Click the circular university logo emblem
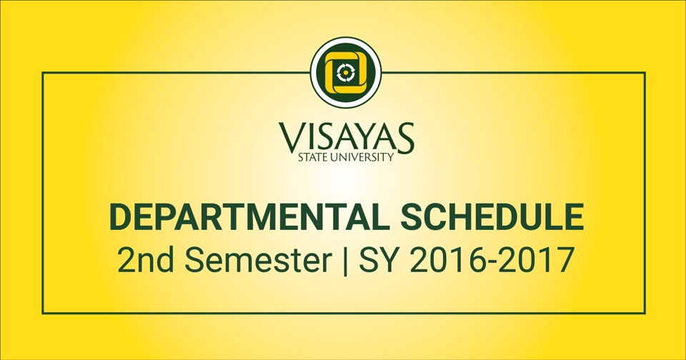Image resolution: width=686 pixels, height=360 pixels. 346,73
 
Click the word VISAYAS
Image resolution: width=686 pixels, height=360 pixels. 346,138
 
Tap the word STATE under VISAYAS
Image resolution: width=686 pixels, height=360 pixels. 312,157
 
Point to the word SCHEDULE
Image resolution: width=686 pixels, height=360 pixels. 492,217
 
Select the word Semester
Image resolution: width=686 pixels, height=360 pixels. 258,260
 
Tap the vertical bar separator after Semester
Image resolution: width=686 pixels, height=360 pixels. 345,261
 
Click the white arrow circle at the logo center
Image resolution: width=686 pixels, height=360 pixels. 346,73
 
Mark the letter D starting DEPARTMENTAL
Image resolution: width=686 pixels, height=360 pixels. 121,217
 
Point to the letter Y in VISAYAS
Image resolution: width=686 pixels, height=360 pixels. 363,138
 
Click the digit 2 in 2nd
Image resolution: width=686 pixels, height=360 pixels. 125,260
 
